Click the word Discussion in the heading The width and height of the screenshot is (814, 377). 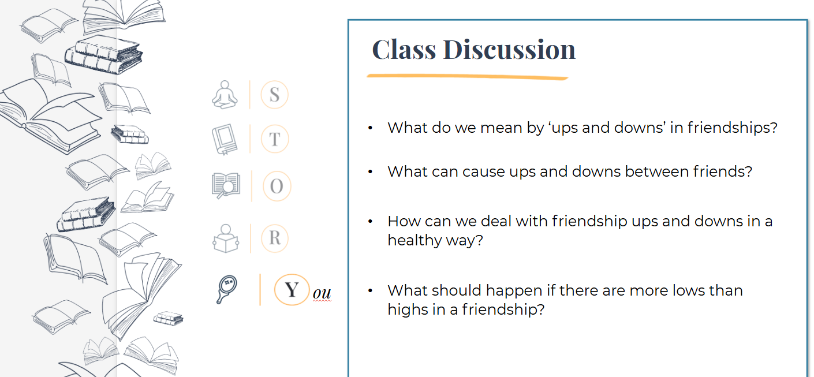coord(509,50)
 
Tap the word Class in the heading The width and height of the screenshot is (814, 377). coord(404,50)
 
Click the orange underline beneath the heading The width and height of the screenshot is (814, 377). coord(467,76)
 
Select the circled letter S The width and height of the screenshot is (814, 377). coord(274,95)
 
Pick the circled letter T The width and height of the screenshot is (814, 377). coord(275,139)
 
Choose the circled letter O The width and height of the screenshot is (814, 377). coord(277,186)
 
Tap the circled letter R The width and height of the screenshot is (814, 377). coord(275,238)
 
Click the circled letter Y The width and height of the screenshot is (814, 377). coord(292,290)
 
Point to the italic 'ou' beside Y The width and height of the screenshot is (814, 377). coord(322,293)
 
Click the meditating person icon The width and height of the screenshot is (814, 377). coord(225,95)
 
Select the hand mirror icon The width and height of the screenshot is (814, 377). coord(226,289)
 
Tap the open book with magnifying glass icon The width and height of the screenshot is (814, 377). coord(226,186)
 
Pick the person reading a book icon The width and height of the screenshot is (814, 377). coord(226,238)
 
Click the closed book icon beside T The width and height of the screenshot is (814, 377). coord(225,139)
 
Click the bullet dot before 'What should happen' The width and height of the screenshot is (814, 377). coord(370,290)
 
